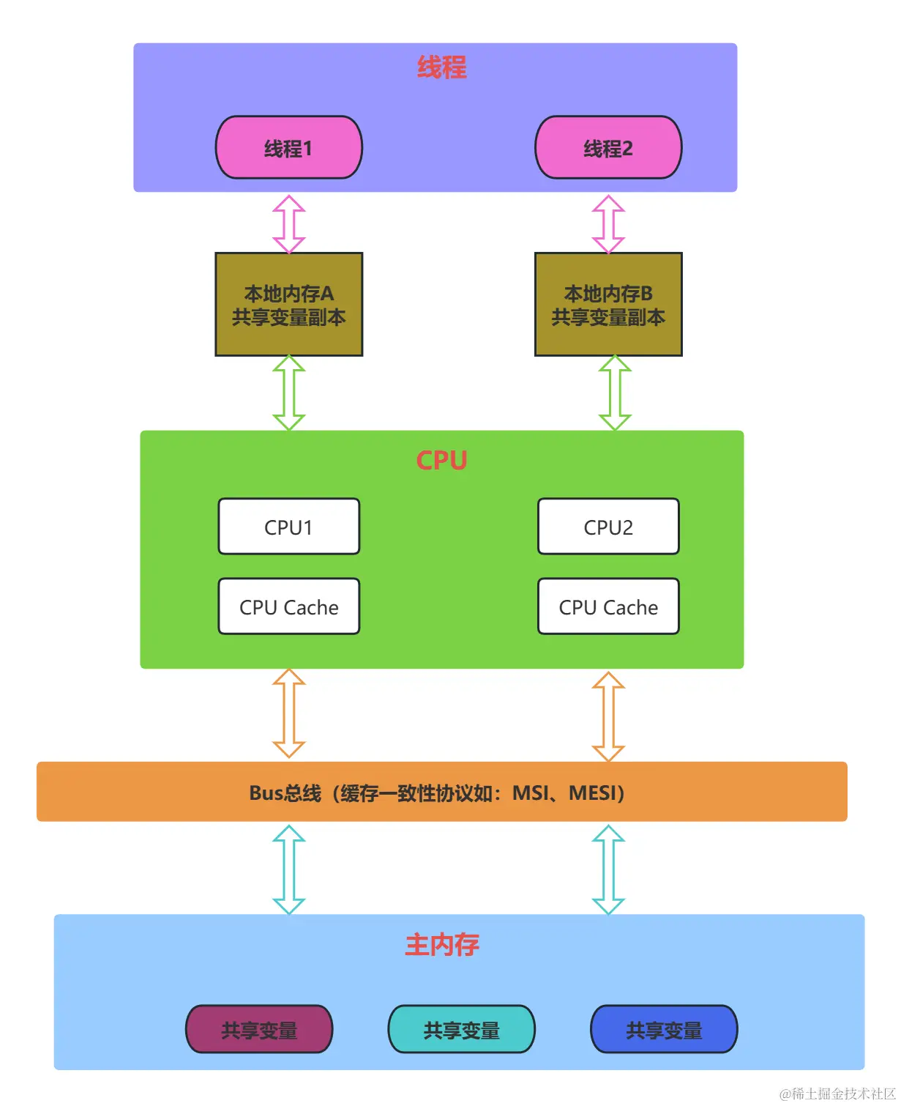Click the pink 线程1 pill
tap(288, 147)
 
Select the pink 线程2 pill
tap(608, 147)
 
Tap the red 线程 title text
tap(441, 67)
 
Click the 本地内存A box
tap(288, 305)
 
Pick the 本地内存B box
tap(608, 305)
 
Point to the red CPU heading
tap(441, 460)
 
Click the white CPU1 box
tap(288, 527)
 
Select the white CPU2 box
tap(608, 527)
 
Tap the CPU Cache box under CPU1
tap(288, 606)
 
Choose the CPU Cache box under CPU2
tap(608, 606)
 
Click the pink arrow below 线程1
tap(288, 223)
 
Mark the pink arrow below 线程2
tap(608, 223)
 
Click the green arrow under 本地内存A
tap(288, 393)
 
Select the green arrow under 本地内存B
tap(615, 393)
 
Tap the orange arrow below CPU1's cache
tap(288, 713)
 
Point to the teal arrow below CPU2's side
tap(608, 869)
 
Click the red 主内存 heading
tap(441, 945)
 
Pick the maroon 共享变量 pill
tap(259, 1029)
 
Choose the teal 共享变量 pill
tap(461, 1029)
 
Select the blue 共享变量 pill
tap(664, 1029)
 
